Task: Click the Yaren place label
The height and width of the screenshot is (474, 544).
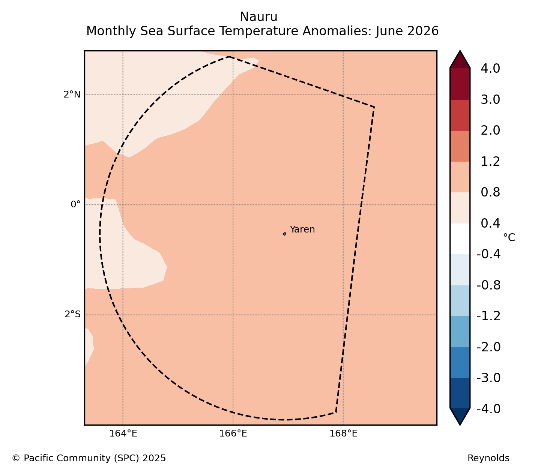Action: pyautogui.click(x=302, y=229)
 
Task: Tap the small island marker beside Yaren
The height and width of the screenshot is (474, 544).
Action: pyautogui.click(x=284, y=234)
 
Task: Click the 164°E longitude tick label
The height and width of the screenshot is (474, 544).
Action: pyautogui.click(x=123, y=433)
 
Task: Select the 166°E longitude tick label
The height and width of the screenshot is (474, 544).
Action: pyautogui.click(x=233, y=433)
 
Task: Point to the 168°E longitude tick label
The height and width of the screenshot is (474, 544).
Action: pyautogui.click(x=343, y=433)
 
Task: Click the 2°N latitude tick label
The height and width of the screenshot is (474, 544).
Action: pyautogui.click(x=72, y=94)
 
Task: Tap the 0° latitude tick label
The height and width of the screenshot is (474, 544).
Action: pyautogui.click(x=75, y=204)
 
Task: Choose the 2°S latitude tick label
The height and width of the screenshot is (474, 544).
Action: pyautogui.click(x=72, y=314)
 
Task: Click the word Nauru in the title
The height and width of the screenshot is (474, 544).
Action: pyautogui.click(x=258, y=17)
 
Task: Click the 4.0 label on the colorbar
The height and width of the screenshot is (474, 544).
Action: pyautogui.click(x=490, y=69)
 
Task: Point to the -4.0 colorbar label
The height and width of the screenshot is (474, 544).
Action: pyautogui.click(x=488, y=409)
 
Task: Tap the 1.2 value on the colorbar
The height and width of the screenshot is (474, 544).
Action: pyautogui.click(x=490, y=162)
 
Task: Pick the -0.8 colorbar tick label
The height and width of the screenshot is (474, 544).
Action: pyautogui.click(x=488, y=285)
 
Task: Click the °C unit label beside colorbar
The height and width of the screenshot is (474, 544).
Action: pyautogui.click(x=509, y=237)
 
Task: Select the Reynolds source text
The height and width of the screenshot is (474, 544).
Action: pyautogui.click(x=488, y=458)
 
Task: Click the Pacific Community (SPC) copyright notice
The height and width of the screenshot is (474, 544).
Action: pyautogui.click(x=89, y=458)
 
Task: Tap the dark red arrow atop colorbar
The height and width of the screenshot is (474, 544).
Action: pyautogui.click(x=460, y=59)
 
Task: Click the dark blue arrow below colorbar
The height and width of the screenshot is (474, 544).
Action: pyautogui.click(x=460, y=416)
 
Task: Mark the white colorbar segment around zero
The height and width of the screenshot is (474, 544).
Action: pyautogui.click(x=460, y=239)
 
